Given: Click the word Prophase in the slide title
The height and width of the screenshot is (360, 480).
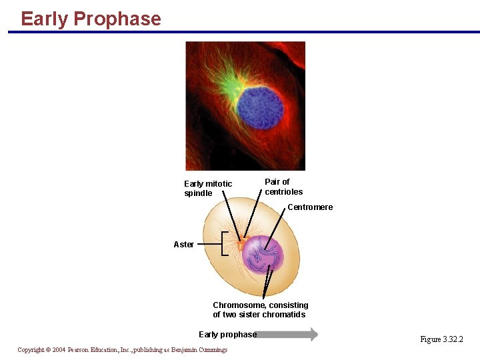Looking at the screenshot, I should [117, 19].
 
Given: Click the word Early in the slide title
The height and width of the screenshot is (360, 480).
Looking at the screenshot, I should [45, 19].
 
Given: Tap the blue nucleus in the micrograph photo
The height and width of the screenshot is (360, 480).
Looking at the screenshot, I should [260, 105].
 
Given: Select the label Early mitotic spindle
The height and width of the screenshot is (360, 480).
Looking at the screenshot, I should [208, 189].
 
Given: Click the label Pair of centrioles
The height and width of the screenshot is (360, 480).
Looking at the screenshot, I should [283, 187].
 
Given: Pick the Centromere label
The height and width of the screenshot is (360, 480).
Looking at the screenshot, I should [310, 207].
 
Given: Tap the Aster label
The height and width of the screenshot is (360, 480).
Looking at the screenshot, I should [183, 245].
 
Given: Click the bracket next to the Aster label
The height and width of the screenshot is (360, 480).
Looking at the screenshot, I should [224, 245].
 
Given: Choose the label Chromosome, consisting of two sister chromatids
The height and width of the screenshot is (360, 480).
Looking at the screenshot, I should [260, 310].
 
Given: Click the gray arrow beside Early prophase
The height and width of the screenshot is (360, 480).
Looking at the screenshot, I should [288, 335].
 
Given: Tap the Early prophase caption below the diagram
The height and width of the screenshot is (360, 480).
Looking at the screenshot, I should [227, 335].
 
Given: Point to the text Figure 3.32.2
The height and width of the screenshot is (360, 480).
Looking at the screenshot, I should [441, 339].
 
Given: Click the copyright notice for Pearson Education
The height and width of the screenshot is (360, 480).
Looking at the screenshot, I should [122, 350].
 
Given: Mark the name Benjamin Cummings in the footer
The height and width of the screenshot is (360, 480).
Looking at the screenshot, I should [198, 350].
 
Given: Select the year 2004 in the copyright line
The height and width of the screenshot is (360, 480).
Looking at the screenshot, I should [59, 350].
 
